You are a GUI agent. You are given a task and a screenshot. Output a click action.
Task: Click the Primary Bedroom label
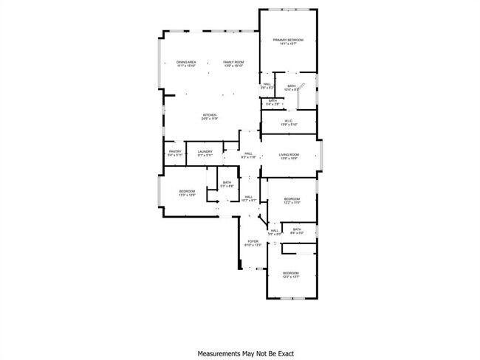click(x=288, y=42)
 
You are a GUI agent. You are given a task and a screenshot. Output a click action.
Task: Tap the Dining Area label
click(x=186, y=64)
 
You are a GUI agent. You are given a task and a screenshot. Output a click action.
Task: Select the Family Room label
click(x=234, y=64)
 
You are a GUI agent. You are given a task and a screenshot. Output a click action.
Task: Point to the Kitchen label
click(x=210, y=117)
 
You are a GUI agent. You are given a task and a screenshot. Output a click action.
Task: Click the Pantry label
click(x=174, y=153)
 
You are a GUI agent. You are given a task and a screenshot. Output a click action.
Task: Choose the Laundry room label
click(x=205, y=153)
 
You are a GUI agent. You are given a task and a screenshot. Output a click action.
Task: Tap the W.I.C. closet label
click(x=289, y=122)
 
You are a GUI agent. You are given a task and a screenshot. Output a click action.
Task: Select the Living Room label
click(x=289, y=156)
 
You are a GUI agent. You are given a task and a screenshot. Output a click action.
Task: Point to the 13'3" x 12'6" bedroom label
click(x=187, y=193)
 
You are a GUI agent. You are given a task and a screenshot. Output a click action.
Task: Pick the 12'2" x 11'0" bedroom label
click(x=292, y=200)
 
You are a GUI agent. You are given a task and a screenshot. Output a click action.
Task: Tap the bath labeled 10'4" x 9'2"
click(x=292, y=88)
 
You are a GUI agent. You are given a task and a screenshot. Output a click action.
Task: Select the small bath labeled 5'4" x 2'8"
click(x=272, y=103)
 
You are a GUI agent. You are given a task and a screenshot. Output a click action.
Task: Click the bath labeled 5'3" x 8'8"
click(x=227, y=184)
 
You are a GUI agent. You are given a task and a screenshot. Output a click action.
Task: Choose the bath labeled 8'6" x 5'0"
click(x=297, y=231)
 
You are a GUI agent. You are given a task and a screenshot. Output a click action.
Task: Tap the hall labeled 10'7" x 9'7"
click(x=250, y=198)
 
